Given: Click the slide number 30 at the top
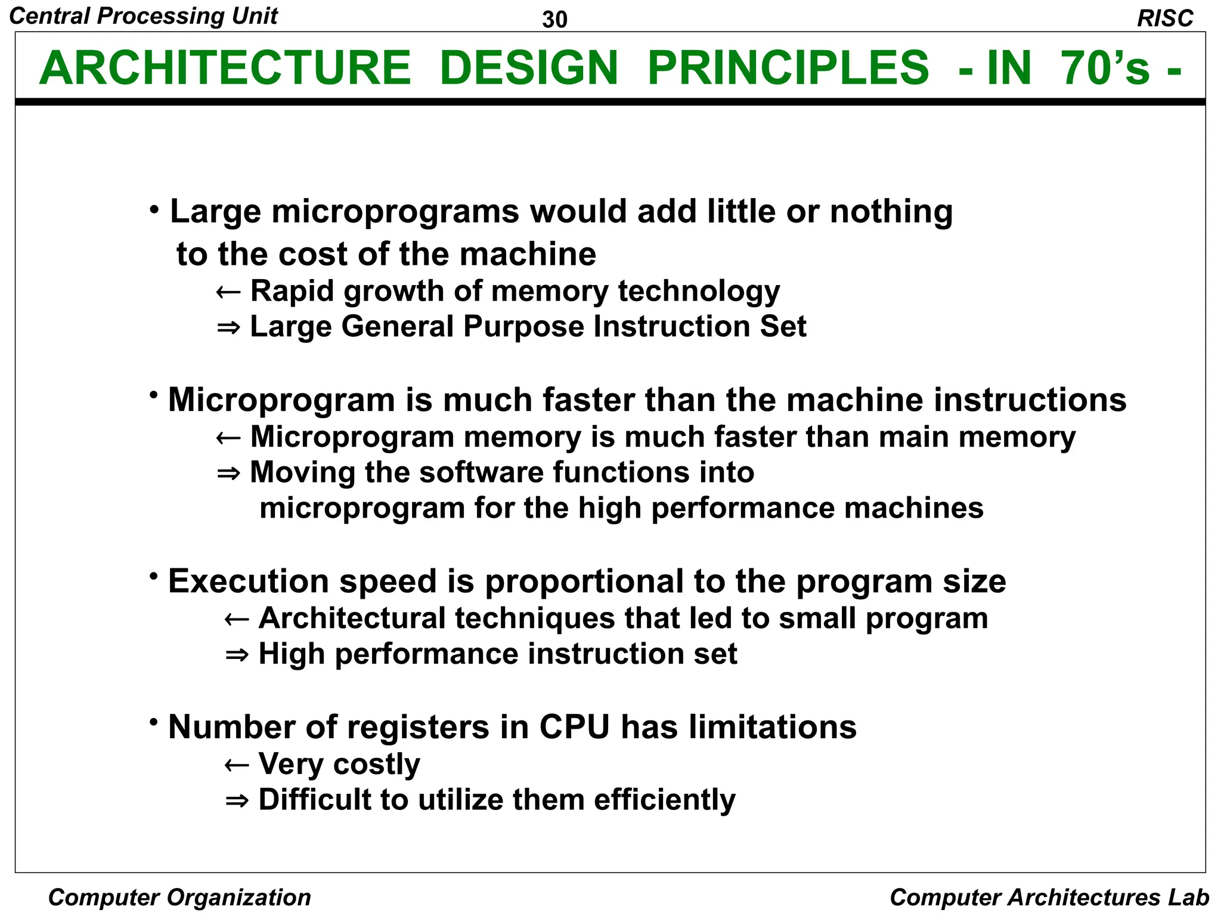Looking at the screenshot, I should tap(554, 20).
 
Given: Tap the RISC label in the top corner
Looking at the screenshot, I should tap(1165, 18).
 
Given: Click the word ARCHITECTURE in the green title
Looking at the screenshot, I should tap(225, 68).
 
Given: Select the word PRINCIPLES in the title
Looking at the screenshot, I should tap(788, 68).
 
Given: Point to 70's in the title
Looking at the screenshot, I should tap(1105, 68).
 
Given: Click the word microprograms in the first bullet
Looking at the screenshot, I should tap(395, 212).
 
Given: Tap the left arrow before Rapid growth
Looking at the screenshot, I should tap(228, 292).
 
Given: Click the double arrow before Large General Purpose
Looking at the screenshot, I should tap(228, 327).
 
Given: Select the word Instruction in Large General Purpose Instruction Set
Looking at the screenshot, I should tap(671, 327).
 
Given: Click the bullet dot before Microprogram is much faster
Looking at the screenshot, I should tap(154, 395).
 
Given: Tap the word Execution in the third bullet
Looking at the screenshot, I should tap(249, 581).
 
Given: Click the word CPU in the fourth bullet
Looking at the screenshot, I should tap(575, 727).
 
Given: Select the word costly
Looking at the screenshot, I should tap(376, 765).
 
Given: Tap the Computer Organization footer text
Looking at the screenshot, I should tap(179, 898).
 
